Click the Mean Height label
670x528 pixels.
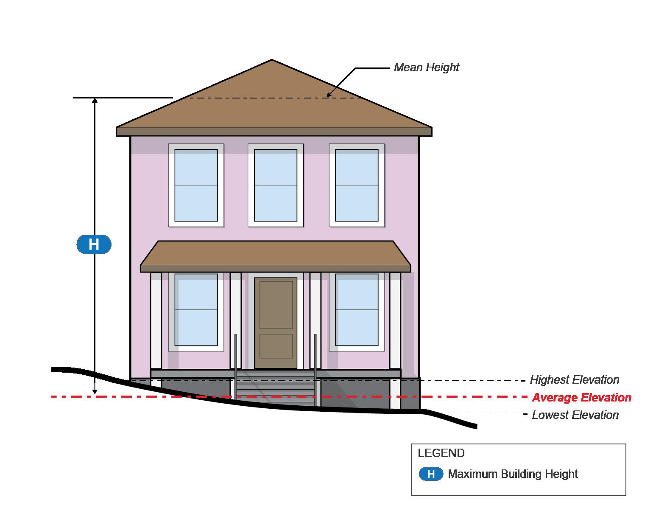click(x=427, y=67)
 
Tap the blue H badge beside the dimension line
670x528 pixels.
click(x=94, y=244)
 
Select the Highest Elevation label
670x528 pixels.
click(x=575, y=380)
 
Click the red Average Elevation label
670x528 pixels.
click(x=581, y=398)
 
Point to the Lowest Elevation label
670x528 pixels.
click(x=575, y=415)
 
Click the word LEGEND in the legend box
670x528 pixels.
click(x=441, y=453)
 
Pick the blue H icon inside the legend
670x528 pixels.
click(x=431, y=474)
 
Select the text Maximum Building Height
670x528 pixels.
click(x=513, y=474)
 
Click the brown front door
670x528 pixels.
click(x=276, y=323)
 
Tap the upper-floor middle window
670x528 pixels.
click(x=276, y=185)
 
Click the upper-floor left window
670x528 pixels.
click(x=196, y=185)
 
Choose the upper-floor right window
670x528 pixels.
click(x=357, y=185)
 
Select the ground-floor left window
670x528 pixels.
click(x=196, y=310)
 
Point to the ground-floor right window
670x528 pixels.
click(x=357, y=310)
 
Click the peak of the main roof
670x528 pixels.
click(x=272, y=61)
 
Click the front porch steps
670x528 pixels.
click(x=276, y=388)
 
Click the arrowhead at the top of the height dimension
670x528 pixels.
click(x=95, y=101)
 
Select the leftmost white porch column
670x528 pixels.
click(x=156, y=323)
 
